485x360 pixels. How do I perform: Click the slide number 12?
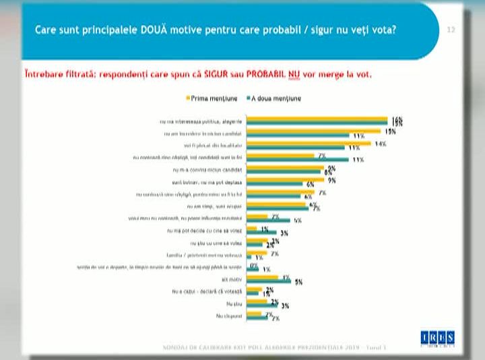coord(451,30)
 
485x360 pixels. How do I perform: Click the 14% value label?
coord(380,144)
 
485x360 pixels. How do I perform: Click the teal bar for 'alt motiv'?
coord(269,282)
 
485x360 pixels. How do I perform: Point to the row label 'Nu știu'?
coord(232,304)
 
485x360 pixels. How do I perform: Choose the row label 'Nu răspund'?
coord(228,316)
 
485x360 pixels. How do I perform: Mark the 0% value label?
coord(253,266)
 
